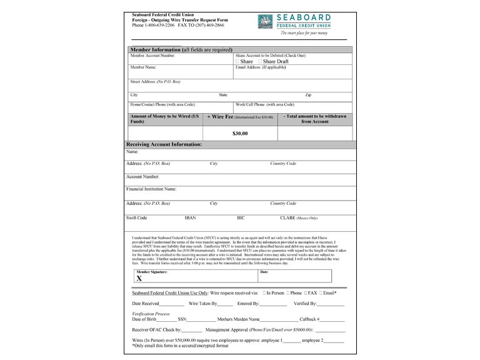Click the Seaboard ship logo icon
[265, 21]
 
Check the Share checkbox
[237, 62]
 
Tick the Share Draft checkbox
[260, 62]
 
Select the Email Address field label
[261, 67]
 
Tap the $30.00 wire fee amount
[240, 133]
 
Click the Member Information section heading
[181, 49]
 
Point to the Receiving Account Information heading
[164, 144]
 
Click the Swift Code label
[136, 217]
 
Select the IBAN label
[190, 217]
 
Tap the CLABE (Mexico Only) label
[299, 217]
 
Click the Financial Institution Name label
[151, 188]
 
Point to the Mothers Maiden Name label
[234, 319]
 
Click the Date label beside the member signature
[264, 272]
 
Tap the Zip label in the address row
[308, 95]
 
